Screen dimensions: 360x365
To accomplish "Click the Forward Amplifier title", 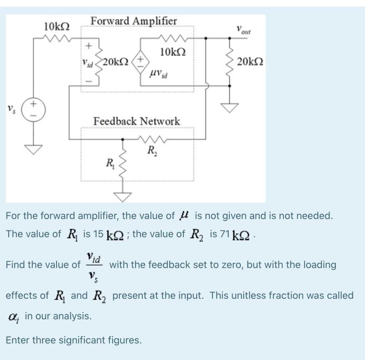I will pyautogui.click(x=134, y=21).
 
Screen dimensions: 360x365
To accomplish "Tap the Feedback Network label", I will pyautogui.click(x=137, y=121).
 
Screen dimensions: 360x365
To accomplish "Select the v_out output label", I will pyautogui.click(x=244, y=30).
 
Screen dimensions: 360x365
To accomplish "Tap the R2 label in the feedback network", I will pyautogui.click(x=151, y=150).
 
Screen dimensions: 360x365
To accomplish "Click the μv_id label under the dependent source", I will pyautogui.click(x=159, y=74).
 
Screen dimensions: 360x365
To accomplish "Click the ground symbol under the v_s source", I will pyautogui.click(x=34, y=149).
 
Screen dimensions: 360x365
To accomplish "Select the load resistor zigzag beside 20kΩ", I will pyautogui.click(x=230, y=61).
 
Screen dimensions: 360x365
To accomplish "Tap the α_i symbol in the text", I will pyautogui.click(x=12, y=316).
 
